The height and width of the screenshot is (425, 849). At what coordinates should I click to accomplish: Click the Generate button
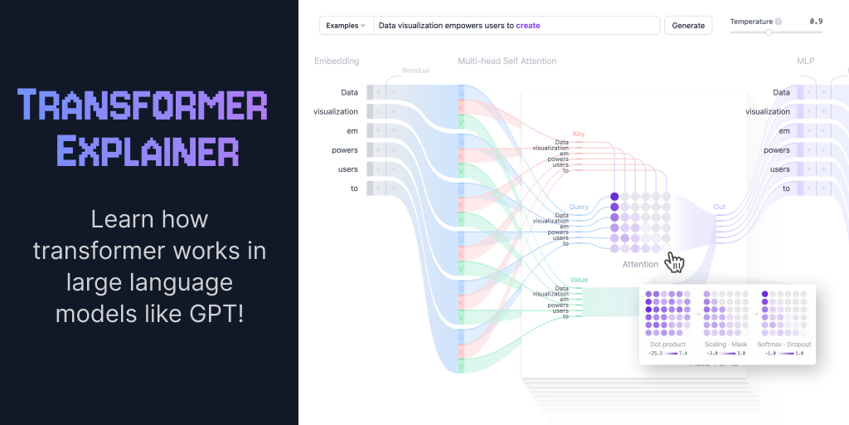(x=688, y=26)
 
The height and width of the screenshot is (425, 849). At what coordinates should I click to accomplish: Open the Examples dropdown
(x=346, y=26)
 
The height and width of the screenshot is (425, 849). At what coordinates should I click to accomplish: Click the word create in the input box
(x=527, y=26)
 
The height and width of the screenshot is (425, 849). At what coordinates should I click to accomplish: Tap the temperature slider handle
(x=769, y=32)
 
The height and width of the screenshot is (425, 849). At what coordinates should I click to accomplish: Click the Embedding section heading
(x=337, y=61)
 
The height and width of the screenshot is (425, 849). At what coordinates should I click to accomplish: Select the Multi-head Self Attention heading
(x=507, y=61)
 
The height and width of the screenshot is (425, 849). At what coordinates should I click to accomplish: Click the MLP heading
(x=806, y=61)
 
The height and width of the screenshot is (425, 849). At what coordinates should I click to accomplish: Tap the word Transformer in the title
(x=143, y=105)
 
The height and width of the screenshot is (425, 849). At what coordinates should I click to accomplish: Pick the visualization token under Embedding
(x=336, y=111)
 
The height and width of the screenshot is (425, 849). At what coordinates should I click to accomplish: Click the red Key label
(x=579, y=134)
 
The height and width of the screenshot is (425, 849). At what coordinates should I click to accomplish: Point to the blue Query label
(x=579, y=207)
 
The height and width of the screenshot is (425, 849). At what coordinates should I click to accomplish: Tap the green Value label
(x=579, y=280)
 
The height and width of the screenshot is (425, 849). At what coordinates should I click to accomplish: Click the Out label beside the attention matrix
(x=719, y=207)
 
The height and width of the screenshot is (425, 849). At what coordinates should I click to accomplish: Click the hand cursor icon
(x=676, y=263)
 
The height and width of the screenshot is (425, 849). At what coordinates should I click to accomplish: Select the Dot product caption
(x=667, y=344)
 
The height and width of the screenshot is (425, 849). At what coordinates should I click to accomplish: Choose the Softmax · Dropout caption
(x=784, y=344)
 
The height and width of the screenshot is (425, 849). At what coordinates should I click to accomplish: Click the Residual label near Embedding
(x=415, y=71)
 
